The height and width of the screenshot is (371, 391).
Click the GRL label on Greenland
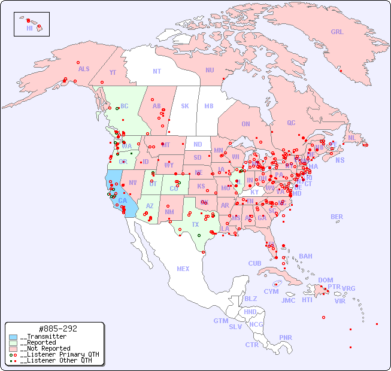coord(337,32)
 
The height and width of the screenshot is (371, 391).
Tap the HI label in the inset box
coord(29,28)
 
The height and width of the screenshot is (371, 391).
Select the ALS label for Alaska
coord(84,69)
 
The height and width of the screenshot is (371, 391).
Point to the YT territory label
coord(113,72)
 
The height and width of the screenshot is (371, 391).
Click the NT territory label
coord(156,71)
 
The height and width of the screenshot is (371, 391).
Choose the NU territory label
coord(210,70)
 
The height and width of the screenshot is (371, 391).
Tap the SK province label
coord(185,106)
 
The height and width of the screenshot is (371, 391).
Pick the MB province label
coord(208,106)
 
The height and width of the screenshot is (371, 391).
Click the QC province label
coord(291,123)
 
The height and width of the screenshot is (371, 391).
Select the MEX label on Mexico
coord(183,269)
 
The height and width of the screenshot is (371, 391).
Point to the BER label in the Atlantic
coord(337,217)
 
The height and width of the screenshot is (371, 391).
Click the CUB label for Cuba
coord(254,263)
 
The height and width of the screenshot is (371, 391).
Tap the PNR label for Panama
coord(286,337)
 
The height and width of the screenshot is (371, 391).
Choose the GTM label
coord(220,321)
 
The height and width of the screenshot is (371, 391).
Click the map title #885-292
coord(57,329)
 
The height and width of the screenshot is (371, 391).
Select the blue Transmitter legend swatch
coord(13,337)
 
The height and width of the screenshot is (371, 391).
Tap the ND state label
coord(198,144)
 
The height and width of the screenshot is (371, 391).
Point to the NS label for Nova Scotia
coord(340,160)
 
